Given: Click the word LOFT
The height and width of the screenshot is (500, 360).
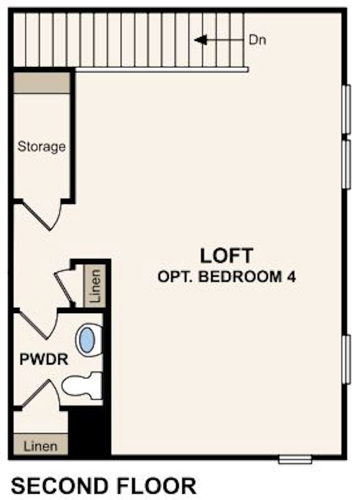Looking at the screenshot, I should tap(226, 256).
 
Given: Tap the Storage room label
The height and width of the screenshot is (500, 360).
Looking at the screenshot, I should tap(41, 147).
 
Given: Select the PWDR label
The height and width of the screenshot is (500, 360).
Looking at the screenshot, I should tap(44, 360).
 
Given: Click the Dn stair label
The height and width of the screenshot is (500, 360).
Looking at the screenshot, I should tap(257, 40).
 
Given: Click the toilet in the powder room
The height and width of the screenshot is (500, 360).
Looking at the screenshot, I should tap(82, 385).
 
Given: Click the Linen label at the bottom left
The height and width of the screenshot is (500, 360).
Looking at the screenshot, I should tap(40, 445).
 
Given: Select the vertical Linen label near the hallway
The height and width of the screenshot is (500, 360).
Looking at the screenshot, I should tap(95, 285).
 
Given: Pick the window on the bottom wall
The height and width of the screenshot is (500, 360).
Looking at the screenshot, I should tap(295, 459).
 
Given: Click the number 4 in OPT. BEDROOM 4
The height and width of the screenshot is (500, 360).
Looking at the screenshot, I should tap(291, 277).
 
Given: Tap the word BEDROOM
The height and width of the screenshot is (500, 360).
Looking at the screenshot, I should tap(238, 277).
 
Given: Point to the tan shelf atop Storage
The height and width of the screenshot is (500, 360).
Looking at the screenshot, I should tap(42, 83).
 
